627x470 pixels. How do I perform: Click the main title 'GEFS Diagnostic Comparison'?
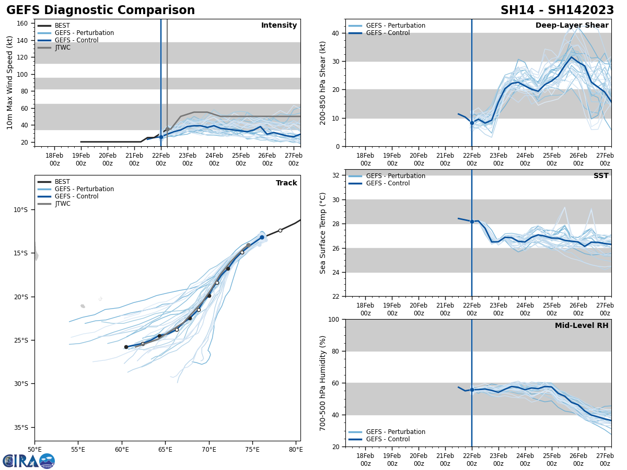tap(100, 10)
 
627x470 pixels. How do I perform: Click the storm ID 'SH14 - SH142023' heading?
tap(558, 10)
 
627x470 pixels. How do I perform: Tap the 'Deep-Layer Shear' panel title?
tap(572, 26)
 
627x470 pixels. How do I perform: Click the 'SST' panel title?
tap(600, 176)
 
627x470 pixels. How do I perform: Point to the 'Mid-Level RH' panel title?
tap(581, 326)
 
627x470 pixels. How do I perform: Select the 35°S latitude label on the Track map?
tap(20, 427)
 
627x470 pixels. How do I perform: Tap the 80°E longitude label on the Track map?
tap(296, 449)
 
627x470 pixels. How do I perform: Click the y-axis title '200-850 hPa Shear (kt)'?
tap(323, 83)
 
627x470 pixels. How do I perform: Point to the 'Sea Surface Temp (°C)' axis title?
tap(323, 233)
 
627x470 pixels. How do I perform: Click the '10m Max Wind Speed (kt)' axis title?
tap(10, 83)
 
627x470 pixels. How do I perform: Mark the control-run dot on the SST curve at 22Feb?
tap(472, 221)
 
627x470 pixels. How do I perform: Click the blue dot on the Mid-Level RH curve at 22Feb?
tap(472, 390)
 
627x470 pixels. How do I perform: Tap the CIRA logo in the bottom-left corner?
tap(28, 461)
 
